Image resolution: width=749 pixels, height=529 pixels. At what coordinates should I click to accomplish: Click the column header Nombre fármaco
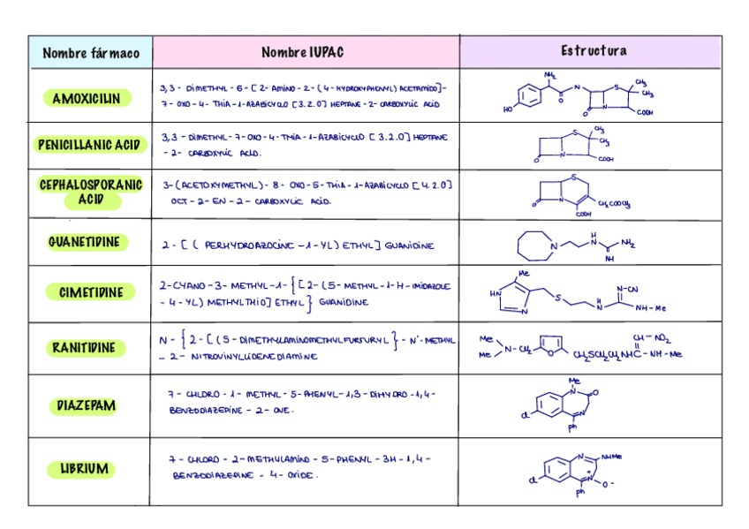[x=91, y=53]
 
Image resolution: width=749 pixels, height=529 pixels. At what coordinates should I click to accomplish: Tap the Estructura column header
[x=594, y=51]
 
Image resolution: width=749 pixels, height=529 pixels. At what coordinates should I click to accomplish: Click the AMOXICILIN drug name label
[x=87, y=98]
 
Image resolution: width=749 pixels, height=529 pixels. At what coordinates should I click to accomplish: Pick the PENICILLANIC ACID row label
[x=89, y=145]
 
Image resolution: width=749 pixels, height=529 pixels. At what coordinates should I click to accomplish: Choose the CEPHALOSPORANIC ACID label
[x=90, y=193]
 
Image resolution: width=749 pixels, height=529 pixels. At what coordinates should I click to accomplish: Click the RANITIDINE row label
[x=88, y=347]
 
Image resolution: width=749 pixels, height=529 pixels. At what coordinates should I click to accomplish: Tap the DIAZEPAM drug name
[x=87, y=406]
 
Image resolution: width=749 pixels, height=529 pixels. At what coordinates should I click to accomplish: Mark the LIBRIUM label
[x=85, y=468]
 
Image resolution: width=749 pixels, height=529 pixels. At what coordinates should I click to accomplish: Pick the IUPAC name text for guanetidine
[x=298, y=246]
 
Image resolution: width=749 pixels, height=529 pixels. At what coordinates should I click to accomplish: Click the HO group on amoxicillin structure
[x=508, y=110]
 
